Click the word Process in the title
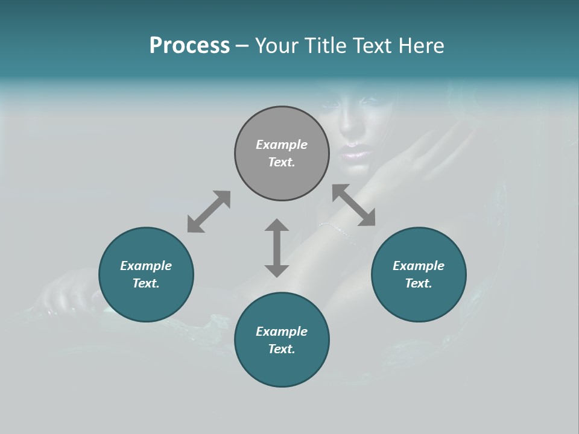click(x=189, y=46)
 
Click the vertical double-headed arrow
click(x=277, y=248)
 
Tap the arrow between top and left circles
click(x=209, y=212)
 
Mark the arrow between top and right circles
click(x=354, y=205)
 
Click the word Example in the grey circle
click(x=282, y=145)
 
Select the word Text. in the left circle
click(x=146, y=283)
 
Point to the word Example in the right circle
click(x=419, y=266)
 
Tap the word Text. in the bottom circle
click(x=282, y=349)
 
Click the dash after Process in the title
click(x=242, y=46)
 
